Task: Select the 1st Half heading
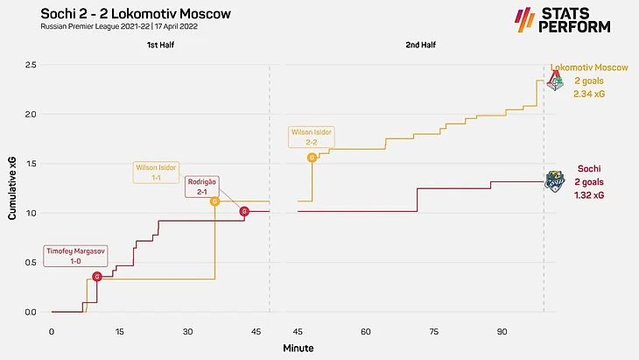click(159, 44)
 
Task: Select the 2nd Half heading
click(419, 44)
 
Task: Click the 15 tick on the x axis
click(119, 333)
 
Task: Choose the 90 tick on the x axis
click(502, 333)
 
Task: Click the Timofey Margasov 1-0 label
click(75, 256)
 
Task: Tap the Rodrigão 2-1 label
click(201, 187)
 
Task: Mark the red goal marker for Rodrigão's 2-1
click(244, 211)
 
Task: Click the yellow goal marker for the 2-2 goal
click(312, 158)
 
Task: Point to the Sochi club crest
click(554, 180)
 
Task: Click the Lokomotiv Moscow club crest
click(554, 81)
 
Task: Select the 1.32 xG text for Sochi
click(588, 195)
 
